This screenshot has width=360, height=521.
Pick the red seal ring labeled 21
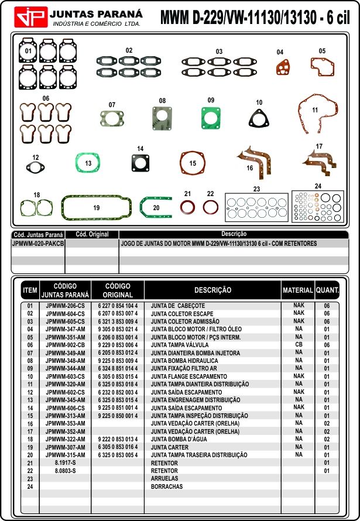click(x=187, y=207)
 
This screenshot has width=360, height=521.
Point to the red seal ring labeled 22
click(x=210, y=207)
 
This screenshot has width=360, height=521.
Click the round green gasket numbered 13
click(x=88, y=162)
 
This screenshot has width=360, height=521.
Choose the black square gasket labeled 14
click(x=140, y=162)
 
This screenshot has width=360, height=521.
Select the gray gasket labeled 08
click(x=162, y=120)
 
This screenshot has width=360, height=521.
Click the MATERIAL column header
click(x=298, y=290)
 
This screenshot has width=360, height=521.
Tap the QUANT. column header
click(x=327, y=290)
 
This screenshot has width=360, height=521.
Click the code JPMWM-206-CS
click(x=65, y=306)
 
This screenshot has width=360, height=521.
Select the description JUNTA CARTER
click(x=170, y=447)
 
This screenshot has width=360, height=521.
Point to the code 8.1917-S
click(x=65, y=462)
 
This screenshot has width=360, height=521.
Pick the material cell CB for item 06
click(x=299, y=345)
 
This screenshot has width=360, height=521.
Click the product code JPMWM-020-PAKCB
click(x=38, y=243)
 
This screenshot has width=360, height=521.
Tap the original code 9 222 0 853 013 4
click(x=118, y=439)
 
